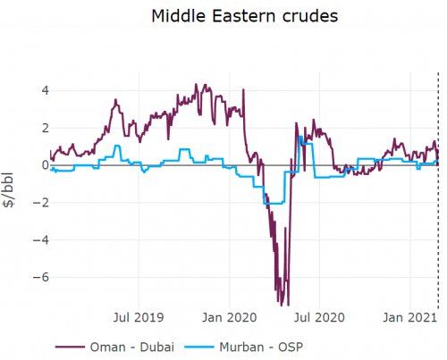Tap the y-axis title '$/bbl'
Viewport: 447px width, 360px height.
point(10,191)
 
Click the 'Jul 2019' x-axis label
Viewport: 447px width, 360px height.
point(139,317)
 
